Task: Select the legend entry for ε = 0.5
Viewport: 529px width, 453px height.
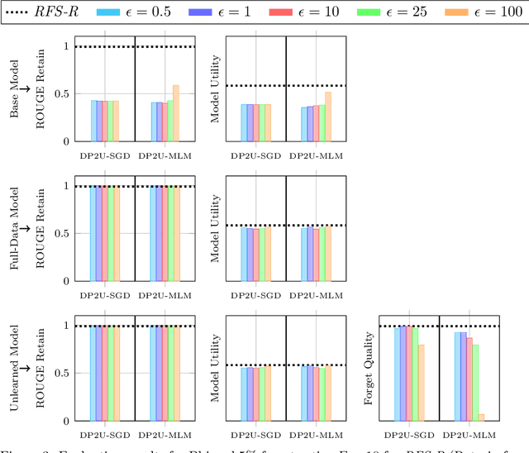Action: pyautogui.click(x=136, y=12)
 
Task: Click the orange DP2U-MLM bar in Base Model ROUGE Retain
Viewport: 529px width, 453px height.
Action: pyautogui.click(x=175, y=113)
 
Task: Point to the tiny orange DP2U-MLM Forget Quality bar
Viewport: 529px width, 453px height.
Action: pyautogui.click(x=481, y=417)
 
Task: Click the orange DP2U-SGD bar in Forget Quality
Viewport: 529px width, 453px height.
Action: pyautogui.click(x=422, y=383)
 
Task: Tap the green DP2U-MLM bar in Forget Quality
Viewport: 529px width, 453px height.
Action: pyautogui.click(x=474, y=383)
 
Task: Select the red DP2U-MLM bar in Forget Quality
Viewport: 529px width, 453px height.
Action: pyautogui.click(x=468, y=379)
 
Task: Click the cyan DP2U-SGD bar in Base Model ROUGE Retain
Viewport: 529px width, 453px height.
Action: pyautogui.click(x=93, y=121)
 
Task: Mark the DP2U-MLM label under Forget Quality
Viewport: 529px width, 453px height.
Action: pyautogui.click(x=469, y=433)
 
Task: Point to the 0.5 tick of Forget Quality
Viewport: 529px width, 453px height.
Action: pyautogui.click(x=384, y=374)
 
